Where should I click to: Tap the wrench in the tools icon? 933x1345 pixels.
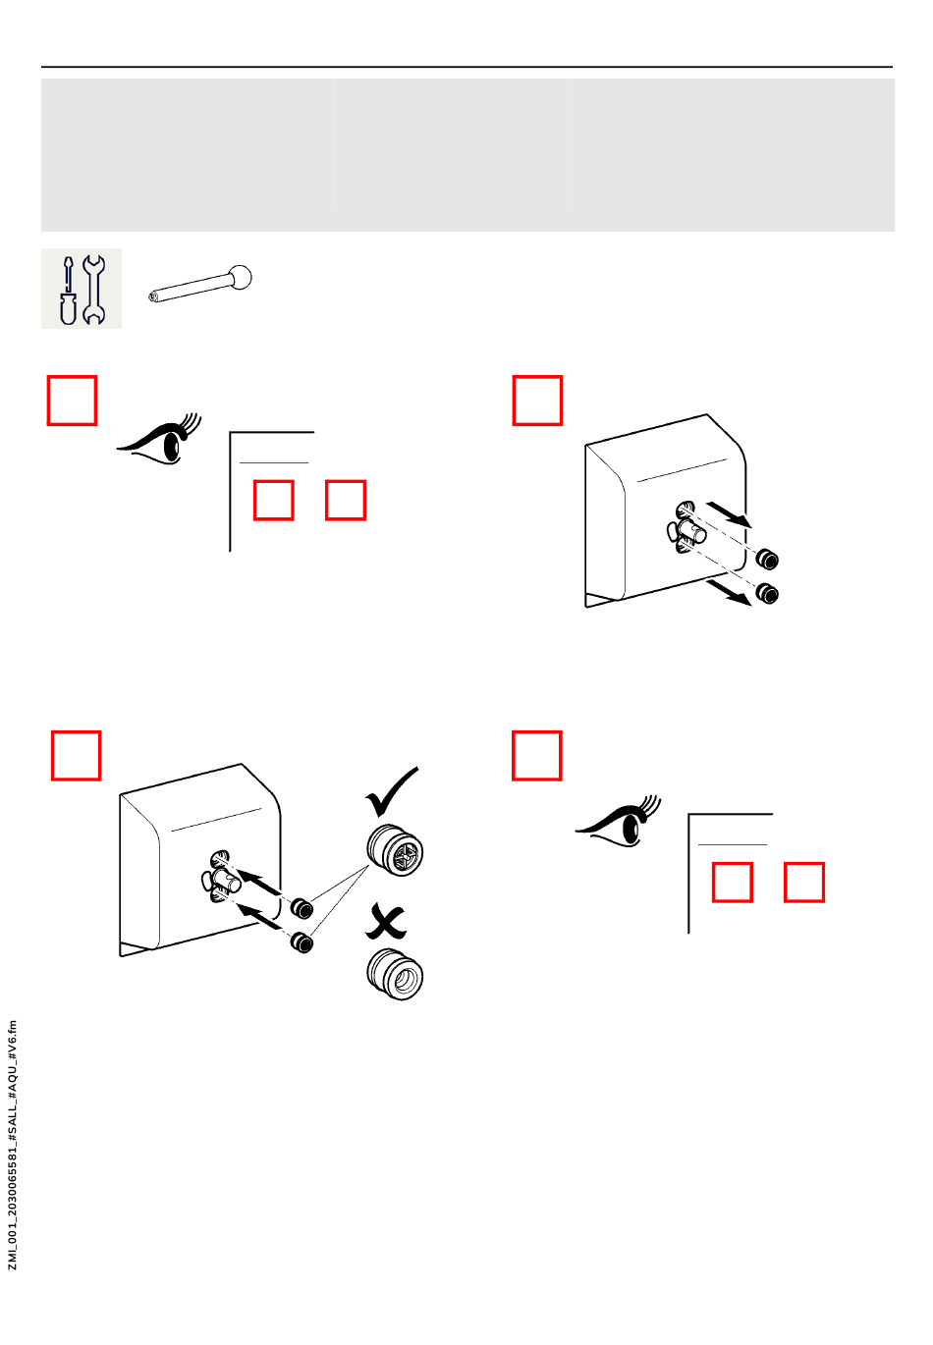point(94,289)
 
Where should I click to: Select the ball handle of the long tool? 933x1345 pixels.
point(240,278)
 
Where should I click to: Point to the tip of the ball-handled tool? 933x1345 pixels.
point(154,295)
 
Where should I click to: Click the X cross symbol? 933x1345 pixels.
point(387,923)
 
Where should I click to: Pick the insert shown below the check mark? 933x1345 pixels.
point(395,850)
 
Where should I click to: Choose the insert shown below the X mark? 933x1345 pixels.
point(395,973)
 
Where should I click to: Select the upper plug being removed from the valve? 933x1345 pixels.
point(767,560)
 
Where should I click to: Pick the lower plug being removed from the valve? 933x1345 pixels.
point(767,593)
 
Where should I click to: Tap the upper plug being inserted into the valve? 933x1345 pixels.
point(302,906)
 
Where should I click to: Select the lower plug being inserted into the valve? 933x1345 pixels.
point(302,943)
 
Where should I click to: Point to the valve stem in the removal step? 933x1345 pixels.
point(692,533)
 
